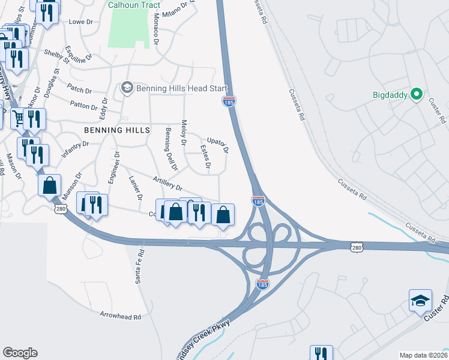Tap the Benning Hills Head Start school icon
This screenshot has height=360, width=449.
tap(126, 88)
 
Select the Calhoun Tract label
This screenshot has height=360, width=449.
tap(134, 5)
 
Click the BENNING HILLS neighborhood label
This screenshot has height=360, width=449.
tap(117, 130)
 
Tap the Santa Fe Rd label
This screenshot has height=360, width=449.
tap(139, 266)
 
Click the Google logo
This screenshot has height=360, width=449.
tap(20, 353)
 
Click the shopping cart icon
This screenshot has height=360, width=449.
tap(18, 119)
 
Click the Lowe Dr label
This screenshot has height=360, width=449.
tap(81, 22)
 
